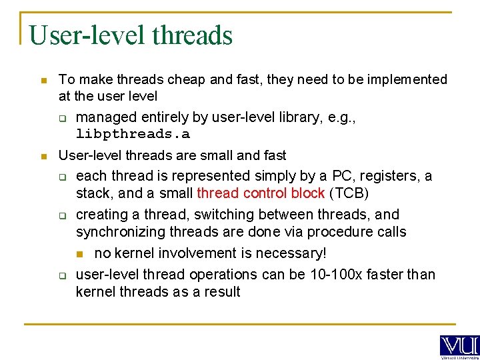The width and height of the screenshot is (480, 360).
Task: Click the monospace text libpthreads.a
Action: [133, 134]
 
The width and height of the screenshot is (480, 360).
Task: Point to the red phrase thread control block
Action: [261, 193]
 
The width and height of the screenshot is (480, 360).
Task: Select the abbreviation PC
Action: [341, 176]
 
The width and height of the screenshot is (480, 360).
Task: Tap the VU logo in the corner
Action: [459, 346]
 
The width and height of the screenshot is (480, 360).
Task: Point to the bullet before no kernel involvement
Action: [79, 254]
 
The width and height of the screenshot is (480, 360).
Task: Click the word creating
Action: [101, 215]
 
